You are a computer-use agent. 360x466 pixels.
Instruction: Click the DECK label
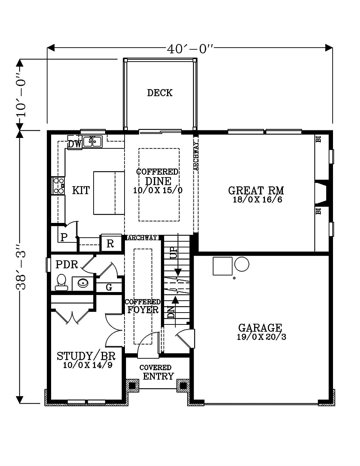coord(159,93)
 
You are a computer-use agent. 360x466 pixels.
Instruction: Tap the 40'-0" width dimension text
coord(190,49)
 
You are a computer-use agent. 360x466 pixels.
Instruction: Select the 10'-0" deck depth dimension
coord(21,95)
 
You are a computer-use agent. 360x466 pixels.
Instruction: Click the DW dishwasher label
coord(75,144)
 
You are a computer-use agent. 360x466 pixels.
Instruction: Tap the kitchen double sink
coord(93,142)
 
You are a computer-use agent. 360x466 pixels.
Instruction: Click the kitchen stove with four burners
coord(58,186)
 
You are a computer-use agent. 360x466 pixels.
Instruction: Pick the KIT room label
coord(81,191)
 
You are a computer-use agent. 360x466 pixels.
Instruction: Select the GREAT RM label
coord(256,191)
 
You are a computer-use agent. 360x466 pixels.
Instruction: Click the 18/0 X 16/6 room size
coord(257,200)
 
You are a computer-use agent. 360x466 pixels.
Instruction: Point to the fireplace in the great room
coord(321,193)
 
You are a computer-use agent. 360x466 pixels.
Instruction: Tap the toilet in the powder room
coord(62,282)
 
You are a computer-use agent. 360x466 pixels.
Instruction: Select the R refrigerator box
coord(111,243)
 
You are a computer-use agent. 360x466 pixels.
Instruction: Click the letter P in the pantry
coord(64,237)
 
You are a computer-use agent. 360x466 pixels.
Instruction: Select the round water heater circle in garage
coord(242,264)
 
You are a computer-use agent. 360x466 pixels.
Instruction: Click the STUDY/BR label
coord(86,356)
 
